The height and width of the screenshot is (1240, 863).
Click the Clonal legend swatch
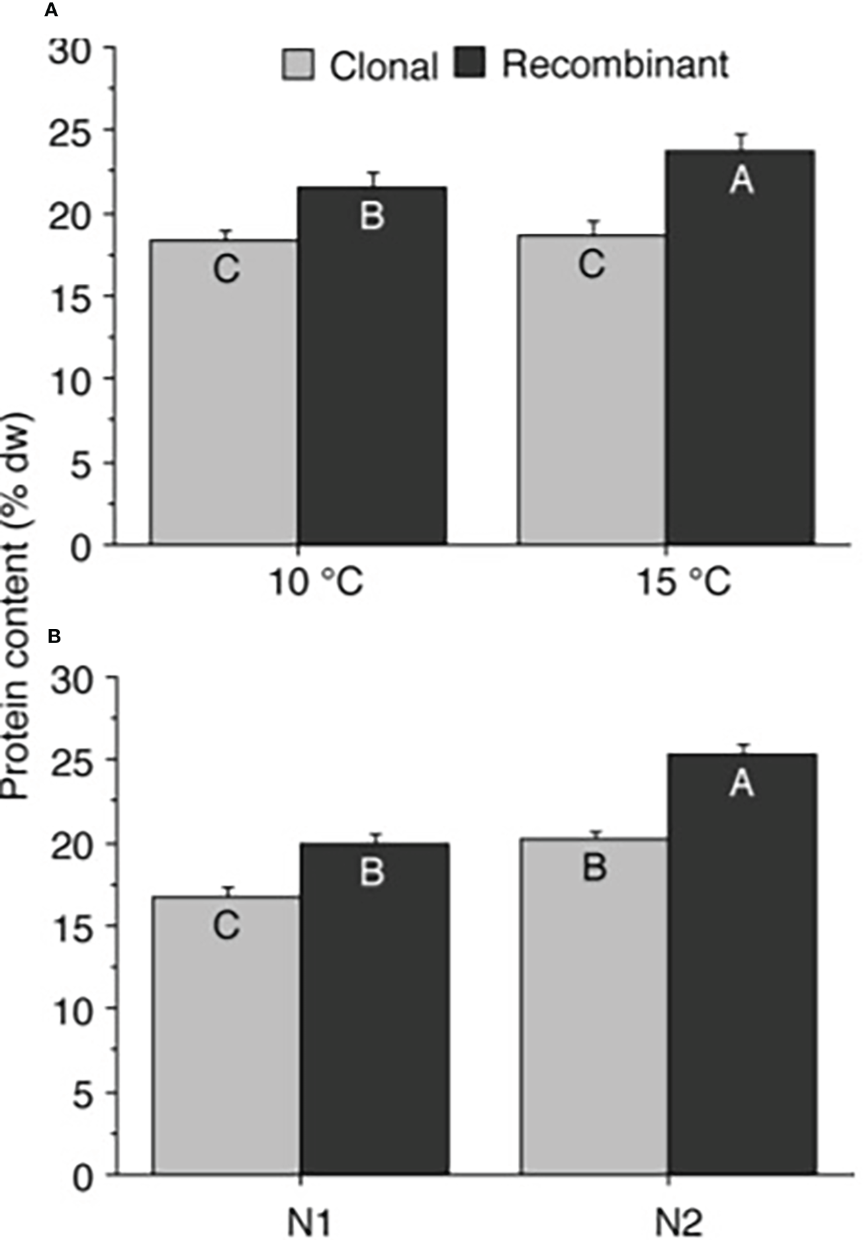pos(298,64)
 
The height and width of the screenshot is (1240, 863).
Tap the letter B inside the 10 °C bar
pos(372,216)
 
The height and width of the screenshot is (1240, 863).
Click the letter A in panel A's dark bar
pos(741,180)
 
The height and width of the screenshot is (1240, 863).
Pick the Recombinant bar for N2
pos(742,973)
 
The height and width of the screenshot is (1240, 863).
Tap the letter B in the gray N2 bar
pos(594,867)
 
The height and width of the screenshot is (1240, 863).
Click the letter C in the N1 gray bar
pos(226,926)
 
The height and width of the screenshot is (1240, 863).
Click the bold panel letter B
pos(54,636)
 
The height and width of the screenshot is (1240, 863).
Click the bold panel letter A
pos(50,11)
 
